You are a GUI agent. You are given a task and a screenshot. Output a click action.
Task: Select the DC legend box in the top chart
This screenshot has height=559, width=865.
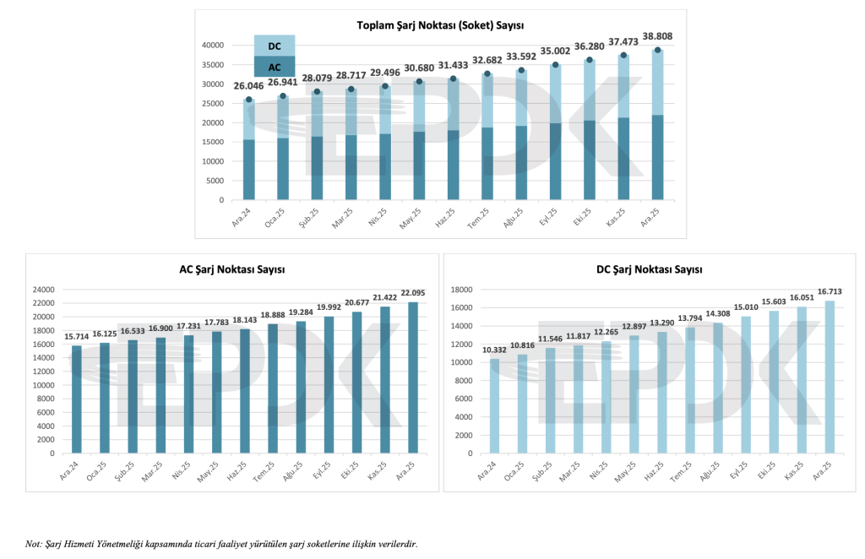click(275, 46)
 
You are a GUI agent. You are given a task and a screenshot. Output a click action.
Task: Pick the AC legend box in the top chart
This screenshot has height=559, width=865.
click(275, 67)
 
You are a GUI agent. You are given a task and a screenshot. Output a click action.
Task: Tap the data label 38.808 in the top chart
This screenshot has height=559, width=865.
click(657, 37)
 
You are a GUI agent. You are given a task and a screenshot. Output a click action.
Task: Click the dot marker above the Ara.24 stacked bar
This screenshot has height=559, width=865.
click(248, 100)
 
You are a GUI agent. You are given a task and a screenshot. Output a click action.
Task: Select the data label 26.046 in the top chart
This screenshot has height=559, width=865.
click(248, 86)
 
